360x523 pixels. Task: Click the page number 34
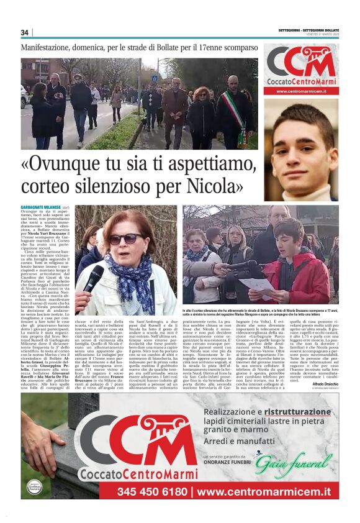point(25,32)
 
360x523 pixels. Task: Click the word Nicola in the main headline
point(212,185)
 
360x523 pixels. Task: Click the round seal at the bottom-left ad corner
point(34,488)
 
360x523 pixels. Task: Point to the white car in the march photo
point(24,96)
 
